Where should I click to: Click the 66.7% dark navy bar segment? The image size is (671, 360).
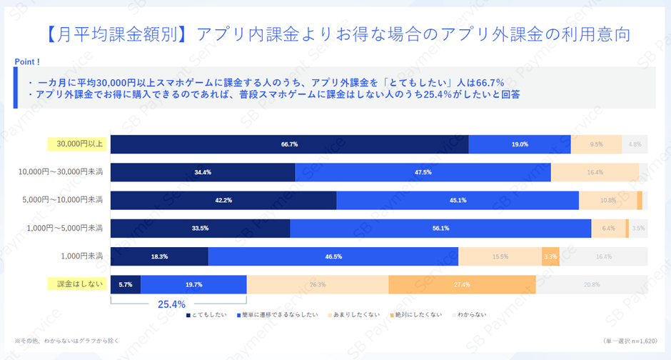coord(289,144)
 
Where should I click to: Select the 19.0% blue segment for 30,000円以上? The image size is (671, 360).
coord(520,144)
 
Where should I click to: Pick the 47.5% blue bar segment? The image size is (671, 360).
coord(423,172)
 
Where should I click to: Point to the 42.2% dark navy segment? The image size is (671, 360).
coord(223,200)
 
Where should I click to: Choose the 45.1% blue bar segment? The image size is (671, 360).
coord(458,200)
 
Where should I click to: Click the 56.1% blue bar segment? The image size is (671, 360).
coord(440,228)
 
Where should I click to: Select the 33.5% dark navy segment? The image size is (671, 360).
coord(200,228)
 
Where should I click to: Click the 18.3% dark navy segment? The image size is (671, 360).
coord(159,256)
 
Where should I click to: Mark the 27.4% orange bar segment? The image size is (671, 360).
coord(462,284)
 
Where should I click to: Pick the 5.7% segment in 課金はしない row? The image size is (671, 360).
coord(126,284)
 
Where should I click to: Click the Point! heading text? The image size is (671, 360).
coord(27,62)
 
